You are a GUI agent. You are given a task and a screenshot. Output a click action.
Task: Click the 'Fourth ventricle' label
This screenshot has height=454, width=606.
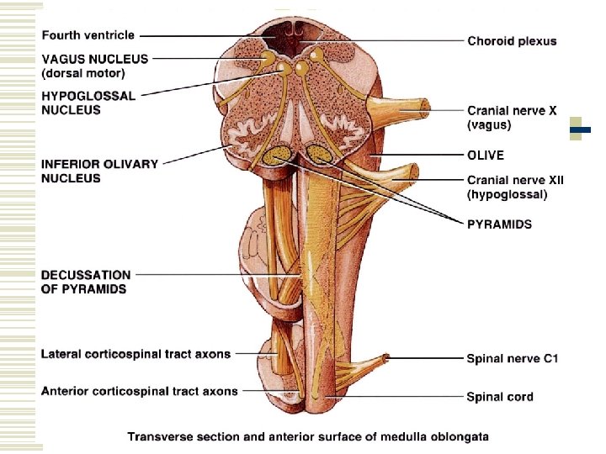coord(88,36)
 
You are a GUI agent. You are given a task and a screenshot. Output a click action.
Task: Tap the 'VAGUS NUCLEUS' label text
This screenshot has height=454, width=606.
coord(94,60)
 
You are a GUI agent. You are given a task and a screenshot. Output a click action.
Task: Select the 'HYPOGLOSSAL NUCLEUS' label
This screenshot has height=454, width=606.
coord(88,103)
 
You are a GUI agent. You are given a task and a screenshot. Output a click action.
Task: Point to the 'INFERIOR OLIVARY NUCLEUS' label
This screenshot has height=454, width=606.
coord(99,171)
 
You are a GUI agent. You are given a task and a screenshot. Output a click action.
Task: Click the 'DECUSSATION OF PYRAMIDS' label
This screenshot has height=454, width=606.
coord(86,282)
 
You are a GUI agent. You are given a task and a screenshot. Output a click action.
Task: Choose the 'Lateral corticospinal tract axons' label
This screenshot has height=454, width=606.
coord(136,354)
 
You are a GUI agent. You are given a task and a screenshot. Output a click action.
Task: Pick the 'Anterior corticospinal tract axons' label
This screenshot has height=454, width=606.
coord(139,391)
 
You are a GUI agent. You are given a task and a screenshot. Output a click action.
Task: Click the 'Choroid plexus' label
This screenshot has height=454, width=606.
coord(512,41)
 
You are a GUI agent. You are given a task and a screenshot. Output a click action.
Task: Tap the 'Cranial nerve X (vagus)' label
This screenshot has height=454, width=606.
coord(512,118)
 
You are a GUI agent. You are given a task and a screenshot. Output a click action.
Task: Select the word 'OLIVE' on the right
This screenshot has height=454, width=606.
coord(486,156)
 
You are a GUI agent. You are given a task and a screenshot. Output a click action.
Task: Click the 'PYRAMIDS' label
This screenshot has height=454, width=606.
coord(499,224)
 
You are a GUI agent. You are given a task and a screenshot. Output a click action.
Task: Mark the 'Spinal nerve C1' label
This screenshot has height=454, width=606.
coord(513,359)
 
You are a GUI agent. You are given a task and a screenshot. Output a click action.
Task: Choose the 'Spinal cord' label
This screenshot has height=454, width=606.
coord(500,396)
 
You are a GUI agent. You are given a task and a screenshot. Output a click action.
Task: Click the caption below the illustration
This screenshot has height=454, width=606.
coord(307,436)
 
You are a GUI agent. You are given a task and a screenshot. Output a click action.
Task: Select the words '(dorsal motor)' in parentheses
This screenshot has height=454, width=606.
coord(84,72)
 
